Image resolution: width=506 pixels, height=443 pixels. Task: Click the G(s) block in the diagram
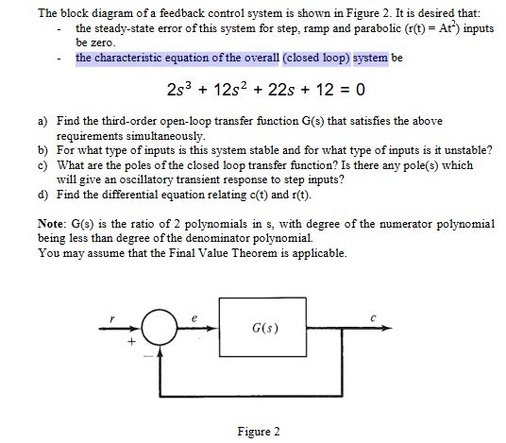click(x=263, y=331)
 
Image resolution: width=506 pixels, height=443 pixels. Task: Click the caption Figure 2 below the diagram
click(x=259, y=432)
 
